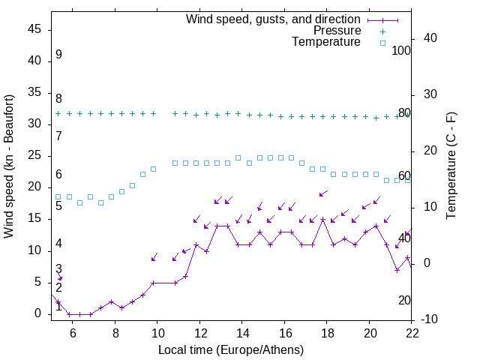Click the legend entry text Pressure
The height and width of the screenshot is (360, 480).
(337, 31)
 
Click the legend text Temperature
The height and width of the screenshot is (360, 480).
(326, 42)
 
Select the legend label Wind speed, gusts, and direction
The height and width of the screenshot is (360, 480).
(273, 19)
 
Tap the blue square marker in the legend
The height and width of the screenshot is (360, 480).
(382, 43)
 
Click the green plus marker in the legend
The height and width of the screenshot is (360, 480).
(382, 31)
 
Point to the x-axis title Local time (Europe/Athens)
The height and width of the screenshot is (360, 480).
(231, 349)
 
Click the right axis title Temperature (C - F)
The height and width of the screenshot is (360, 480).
(451, 166)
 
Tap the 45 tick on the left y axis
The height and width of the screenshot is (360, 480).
(35, 29)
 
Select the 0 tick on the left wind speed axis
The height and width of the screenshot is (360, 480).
(39, 314)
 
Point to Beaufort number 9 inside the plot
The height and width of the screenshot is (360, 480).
(58, 55)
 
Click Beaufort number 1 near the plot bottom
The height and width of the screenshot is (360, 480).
(58, 306)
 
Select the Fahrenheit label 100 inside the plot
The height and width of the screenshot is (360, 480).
(402, 50)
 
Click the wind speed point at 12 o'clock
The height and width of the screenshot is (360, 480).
(196, 244)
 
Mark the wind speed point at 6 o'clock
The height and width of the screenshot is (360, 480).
(69, 314)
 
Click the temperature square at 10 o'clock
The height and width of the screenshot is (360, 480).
(154, 169)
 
